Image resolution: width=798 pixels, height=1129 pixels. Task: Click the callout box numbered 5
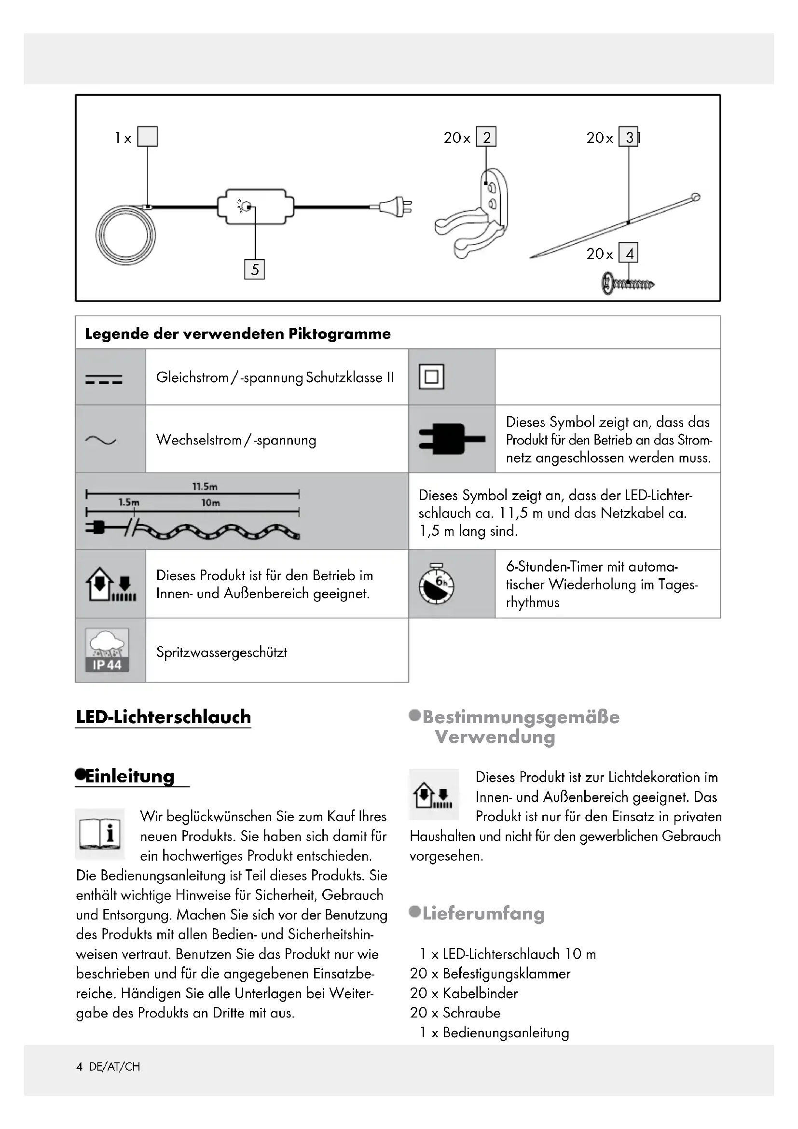point(255,269)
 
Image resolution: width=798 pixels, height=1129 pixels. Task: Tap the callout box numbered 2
point(486,137)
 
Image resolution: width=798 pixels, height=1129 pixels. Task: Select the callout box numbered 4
point(629,253)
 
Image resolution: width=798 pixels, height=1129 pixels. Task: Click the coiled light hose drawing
point(125,236)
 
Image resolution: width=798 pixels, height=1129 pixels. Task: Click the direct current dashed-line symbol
point(104,379)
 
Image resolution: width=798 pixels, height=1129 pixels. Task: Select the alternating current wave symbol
point(101,440)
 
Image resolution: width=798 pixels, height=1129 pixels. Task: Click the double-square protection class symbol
point(431,377)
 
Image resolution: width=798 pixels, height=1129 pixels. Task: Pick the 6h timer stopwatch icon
point(436,584)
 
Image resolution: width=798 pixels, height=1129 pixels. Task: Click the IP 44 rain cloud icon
point(107,650)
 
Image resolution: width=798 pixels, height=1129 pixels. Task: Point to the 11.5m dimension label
point(205,487)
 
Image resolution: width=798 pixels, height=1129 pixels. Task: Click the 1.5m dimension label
point(129,502)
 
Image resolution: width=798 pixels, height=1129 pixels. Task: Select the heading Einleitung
point(130,777)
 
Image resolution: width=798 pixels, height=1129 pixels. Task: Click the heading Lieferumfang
point(483,914)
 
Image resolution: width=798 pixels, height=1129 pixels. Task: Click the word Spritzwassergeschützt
point(221,652)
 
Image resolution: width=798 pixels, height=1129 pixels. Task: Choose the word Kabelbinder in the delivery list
point(480,993)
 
